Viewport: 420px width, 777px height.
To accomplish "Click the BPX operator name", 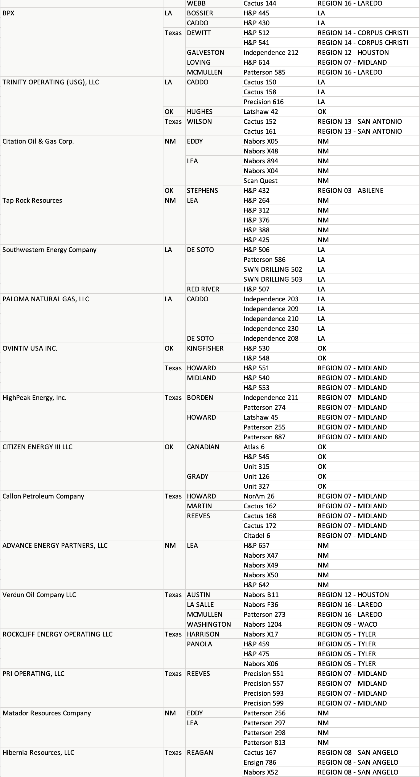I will point(9,13).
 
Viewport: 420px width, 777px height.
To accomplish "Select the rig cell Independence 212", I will point(271,53).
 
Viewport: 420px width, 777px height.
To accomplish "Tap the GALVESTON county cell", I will point(205,53).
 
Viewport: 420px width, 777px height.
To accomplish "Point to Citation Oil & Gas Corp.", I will point(38,141).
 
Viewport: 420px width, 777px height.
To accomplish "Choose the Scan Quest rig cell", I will point(260,181).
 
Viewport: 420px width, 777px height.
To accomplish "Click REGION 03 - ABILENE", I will point(350,191).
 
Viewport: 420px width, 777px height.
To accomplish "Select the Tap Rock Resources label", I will point(32,201).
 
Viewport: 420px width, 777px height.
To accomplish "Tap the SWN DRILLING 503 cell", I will point(273,279).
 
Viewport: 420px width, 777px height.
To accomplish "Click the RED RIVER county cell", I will point(203,289).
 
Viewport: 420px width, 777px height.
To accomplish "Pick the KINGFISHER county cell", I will point(205,348).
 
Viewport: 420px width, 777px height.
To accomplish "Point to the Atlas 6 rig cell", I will point(254,447).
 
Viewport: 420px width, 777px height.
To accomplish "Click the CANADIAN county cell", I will point(203,447).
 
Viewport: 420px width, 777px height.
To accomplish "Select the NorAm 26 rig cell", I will point(259,496).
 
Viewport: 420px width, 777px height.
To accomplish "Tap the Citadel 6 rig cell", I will point(257,536).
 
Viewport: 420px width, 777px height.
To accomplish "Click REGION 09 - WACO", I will point(347,624).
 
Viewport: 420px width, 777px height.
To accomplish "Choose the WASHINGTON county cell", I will point(209,624).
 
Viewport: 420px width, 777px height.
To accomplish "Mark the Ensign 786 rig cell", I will point(260,763).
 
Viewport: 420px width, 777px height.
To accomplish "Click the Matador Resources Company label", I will point(47,713).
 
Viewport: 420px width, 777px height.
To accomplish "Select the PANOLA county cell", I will point(199,644).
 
